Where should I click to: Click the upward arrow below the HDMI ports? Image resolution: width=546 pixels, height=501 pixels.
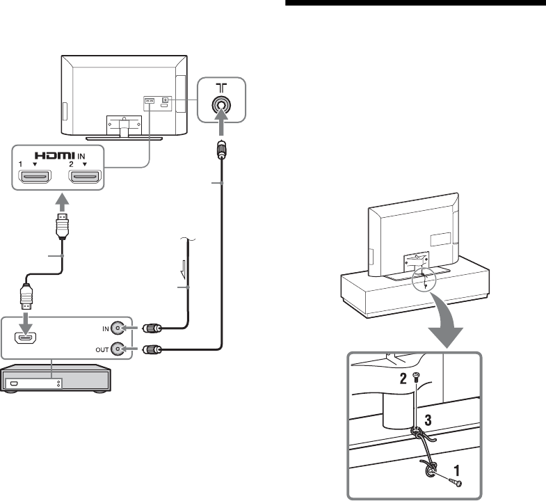click(61, 203)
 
